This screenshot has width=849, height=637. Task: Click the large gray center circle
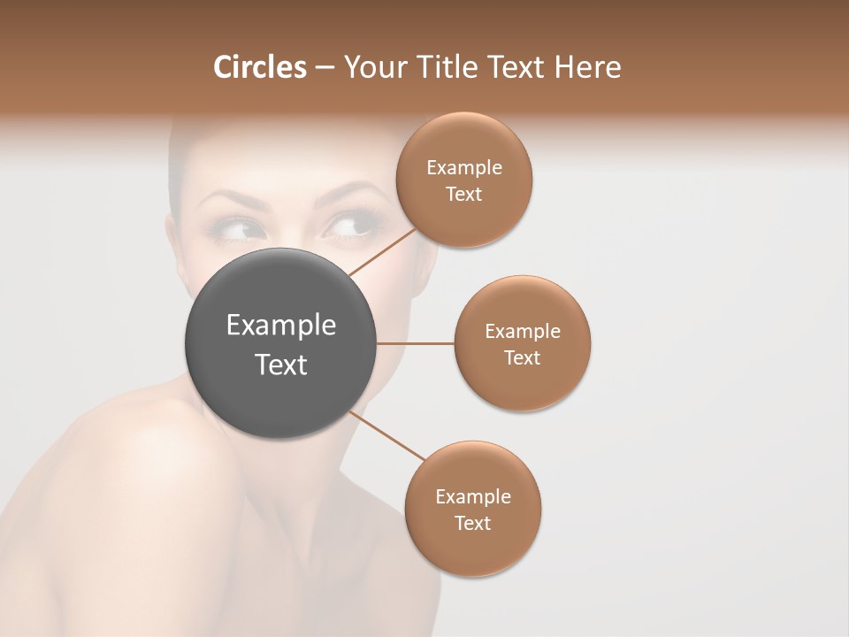click(281, 342)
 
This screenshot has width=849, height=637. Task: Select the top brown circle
click(463, 180)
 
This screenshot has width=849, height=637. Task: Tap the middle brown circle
click(522, 343)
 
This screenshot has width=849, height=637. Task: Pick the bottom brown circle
click(472, 509)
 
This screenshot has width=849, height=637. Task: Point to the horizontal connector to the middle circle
click(416, 342)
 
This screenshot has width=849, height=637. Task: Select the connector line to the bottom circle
click(387, 436)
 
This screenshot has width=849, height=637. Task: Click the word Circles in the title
click(259, 67)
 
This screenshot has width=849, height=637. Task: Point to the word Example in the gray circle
click(281, 326)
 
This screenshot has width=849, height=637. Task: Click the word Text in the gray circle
click(281, 364)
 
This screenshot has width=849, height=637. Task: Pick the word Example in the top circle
click(463, 168)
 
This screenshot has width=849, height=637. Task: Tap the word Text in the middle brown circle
click(522, 357)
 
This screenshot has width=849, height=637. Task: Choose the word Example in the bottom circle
click(472, 496)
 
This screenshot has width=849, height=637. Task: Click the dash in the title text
click(324, 68)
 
